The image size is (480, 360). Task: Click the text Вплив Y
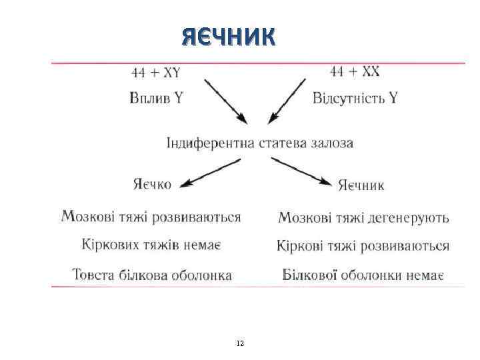[156, 98]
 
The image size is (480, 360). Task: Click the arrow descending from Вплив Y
[225, 101]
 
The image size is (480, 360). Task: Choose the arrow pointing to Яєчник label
[300, 170]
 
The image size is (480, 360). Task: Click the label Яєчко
[151, 183]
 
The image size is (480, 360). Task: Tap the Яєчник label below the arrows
[361, 185]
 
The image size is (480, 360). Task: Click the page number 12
[240, 343]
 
